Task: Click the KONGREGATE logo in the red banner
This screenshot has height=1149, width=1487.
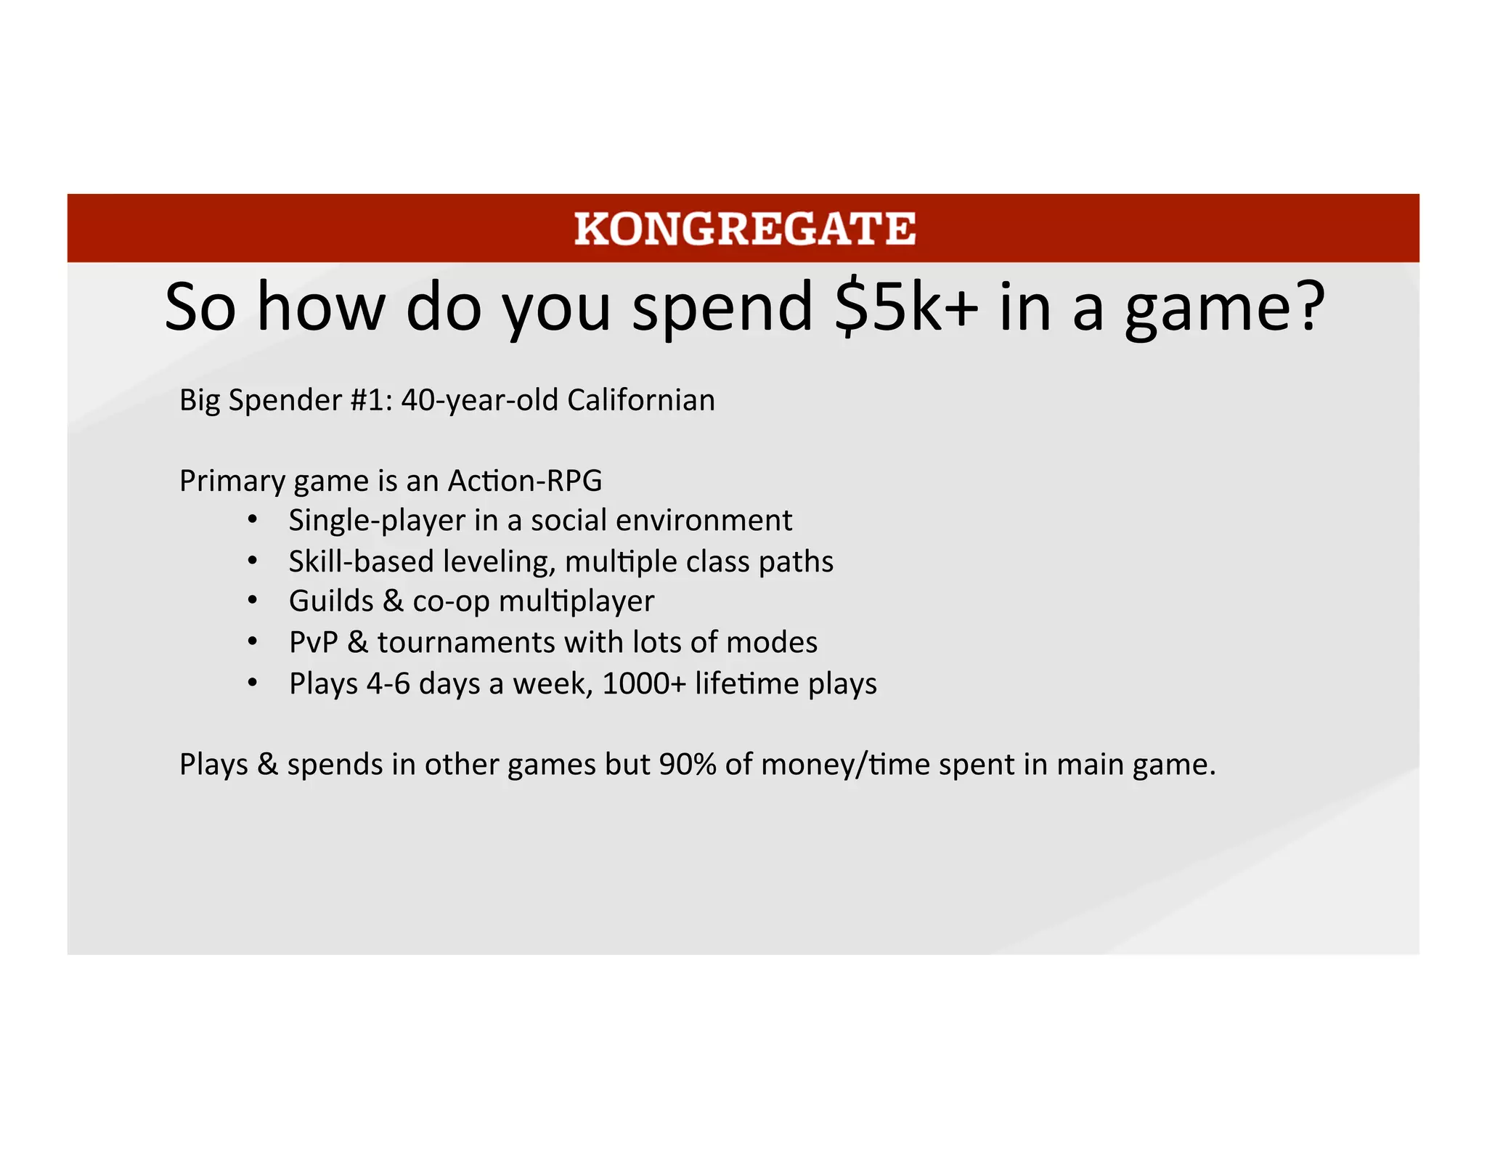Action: (x=744, y=228)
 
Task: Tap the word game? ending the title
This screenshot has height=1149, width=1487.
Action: (x=1225, y=308)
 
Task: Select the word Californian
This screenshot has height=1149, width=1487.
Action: (x=641, y=400)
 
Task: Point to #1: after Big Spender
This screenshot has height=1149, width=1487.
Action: (x=371, y=400)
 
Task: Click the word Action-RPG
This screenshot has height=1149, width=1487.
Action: (x=525, y=481)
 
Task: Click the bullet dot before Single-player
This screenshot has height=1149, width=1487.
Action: (x=252, y=520)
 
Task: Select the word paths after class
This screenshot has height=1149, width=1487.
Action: (x=796, y=561)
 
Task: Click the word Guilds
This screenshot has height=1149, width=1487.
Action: (x=331, y=601)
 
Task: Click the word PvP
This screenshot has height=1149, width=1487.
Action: (x=314, y=643)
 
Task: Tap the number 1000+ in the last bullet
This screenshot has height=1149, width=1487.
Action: (x=644, y=683)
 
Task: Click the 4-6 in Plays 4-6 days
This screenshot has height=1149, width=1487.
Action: (x=388, y=683)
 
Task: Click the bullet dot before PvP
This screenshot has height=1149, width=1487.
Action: (x=252, y=642)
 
